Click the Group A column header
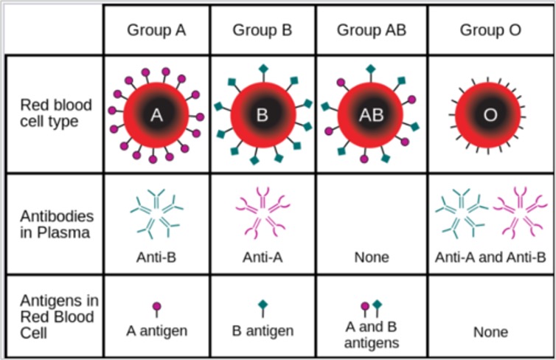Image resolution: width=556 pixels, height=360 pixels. pyautogui.click(x=156, y=30)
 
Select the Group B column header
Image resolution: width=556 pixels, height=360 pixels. pyautogui.click(x=262, y=30)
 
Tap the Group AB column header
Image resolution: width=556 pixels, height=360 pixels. pyautogui.click(x=371, y=30)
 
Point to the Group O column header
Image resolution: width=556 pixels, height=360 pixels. pyautogui.click(x=490, y=30)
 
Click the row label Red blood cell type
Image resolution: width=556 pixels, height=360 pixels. pyautogui.click(x=56, y=113)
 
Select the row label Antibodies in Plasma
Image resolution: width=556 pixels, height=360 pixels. pyautogui.click(x=57, y=224)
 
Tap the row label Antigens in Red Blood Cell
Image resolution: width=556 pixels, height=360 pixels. pyautogui.click(x=59, y=316)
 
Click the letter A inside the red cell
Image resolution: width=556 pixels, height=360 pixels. pyautogui.click(x=156, y=115)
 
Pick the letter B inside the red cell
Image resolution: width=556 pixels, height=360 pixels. pyautogui.click(x=262, y=115)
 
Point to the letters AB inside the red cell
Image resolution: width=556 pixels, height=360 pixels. pyautogui.click(x=371, y=115)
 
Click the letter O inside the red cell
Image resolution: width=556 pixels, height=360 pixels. pyautogui.click(x=490, y=115)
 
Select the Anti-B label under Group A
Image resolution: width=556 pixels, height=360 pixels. pyautogui.click(x=156, y=257)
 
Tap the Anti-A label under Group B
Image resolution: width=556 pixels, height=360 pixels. pyautogui.click(x=263, y=257)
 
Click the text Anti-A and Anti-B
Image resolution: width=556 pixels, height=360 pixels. pyautogui.click(x=490, y=257)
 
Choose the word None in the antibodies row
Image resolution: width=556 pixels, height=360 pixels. pyautogui.click(x=372, y=257)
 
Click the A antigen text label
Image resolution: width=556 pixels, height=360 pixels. pyautogui.click(x=157, y=331)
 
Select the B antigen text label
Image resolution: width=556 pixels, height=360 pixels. pyautogui.click(x=263, y=331)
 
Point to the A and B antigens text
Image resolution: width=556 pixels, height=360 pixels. pyautogui.click(x=371, y=335)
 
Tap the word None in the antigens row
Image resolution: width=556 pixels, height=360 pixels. pyautogui.click(x=491, y=332)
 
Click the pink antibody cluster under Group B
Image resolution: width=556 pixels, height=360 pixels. pyautogui.click(x=263, y=212)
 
